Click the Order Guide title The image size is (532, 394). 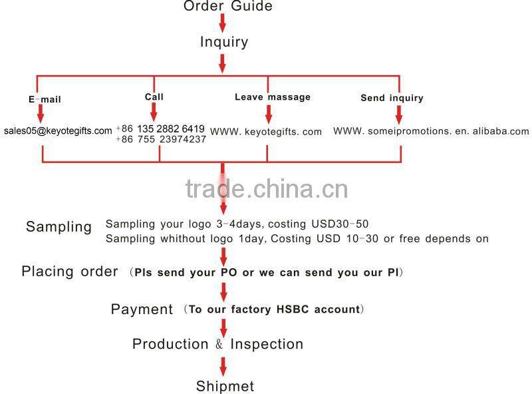coord(227,6)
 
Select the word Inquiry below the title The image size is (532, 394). coord(224,42)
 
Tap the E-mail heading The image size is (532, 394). coord(45,100)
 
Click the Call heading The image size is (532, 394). coord(154,97)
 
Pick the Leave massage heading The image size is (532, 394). coord(273,97)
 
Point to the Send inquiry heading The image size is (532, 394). coord(392,98)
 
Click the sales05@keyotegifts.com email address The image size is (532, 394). coord(58,130)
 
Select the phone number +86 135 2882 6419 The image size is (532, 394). coord(160,128)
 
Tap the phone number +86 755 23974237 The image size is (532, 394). coord(161,139)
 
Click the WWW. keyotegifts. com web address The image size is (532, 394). coord(266,132)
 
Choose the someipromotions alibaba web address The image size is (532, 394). coord(431,131)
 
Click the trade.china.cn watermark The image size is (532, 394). coord(267,189)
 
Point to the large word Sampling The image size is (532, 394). coord(59,226)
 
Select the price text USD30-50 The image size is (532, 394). coord(340,224)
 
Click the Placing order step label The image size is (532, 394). coord(70,272)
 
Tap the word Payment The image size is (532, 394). coord(142,309)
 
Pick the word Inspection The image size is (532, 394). coord(267,344)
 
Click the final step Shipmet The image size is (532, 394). coord(225,386)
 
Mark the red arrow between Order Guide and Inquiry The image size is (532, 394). coord(222,23)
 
